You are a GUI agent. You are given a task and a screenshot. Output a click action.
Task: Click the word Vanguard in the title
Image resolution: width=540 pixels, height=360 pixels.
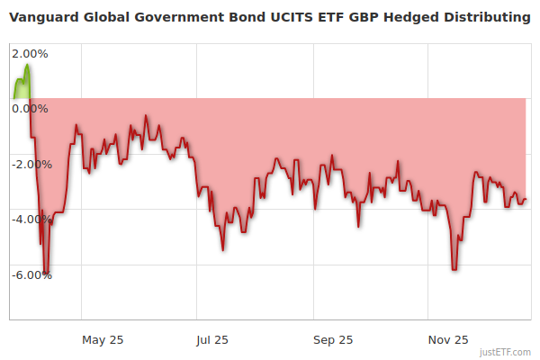click(x=42, y=18)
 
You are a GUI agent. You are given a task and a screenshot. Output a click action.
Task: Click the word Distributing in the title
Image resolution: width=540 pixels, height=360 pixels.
click(x=485, y=18)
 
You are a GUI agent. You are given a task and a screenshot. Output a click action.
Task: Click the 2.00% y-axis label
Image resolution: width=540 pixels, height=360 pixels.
click(x=31, y=53)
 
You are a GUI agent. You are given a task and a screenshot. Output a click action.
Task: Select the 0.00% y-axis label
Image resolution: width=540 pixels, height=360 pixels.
click(x=31, y=109)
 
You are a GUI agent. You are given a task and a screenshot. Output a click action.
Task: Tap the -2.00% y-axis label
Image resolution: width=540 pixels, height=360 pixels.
click(x=31, y=164)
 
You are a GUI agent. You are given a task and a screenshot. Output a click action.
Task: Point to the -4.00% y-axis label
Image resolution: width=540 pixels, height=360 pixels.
click(x=31, y=220)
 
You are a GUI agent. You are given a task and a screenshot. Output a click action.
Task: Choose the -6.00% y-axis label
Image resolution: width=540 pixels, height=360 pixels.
click(x=31, y=275)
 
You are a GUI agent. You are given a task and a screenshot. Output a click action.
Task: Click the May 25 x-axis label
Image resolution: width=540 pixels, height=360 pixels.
click(x=103, y=339)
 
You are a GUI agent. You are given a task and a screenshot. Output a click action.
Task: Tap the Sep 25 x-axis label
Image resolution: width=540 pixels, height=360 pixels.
click(x=333, y=339)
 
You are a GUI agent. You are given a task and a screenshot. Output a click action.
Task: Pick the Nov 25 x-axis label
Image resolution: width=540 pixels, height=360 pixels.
click(x=448, y=339)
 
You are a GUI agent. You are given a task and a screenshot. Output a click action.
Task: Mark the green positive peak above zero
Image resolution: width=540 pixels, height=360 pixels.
click(x=27, y=66)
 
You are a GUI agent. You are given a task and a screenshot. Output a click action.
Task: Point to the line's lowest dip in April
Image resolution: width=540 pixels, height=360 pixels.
click(x=46, y=273)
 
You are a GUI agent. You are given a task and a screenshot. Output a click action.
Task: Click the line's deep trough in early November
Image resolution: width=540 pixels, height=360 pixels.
click(x=454, y=269)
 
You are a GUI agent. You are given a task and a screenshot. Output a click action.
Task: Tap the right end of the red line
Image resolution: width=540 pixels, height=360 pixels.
click(x=526, y=200)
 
